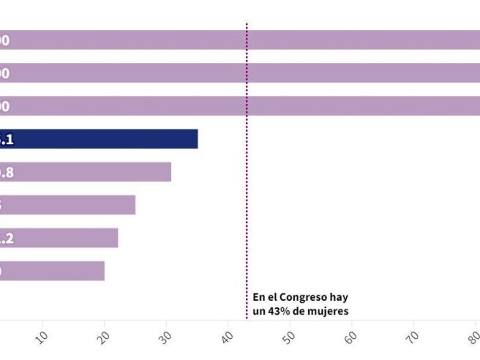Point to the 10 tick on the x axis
point(41,336)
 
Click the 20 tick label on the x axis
point(103,336)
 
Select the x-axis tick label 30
point(165,336)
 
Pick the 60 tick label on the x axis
point(351,336)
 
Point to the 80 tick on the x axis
point(474,336)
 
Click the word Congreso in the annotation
point(297,298)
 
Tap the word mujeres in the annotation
point(330,311)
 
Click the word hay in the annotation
point(339,298)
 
